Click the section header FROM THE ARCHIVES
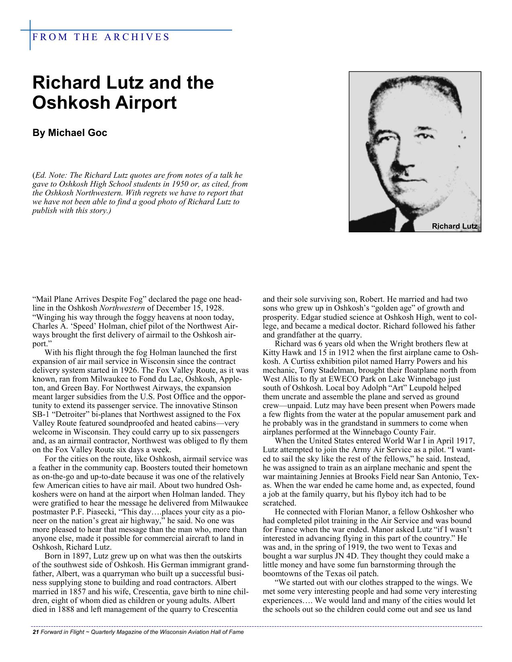click(x=101, y=37)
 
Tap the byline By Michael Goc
click(x=69, y=133)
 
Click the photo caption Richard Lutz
click(x=454, y=227)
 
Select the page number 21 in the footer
click(x=35, y=632)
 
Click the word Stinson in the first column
click(x=224, y=406)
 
